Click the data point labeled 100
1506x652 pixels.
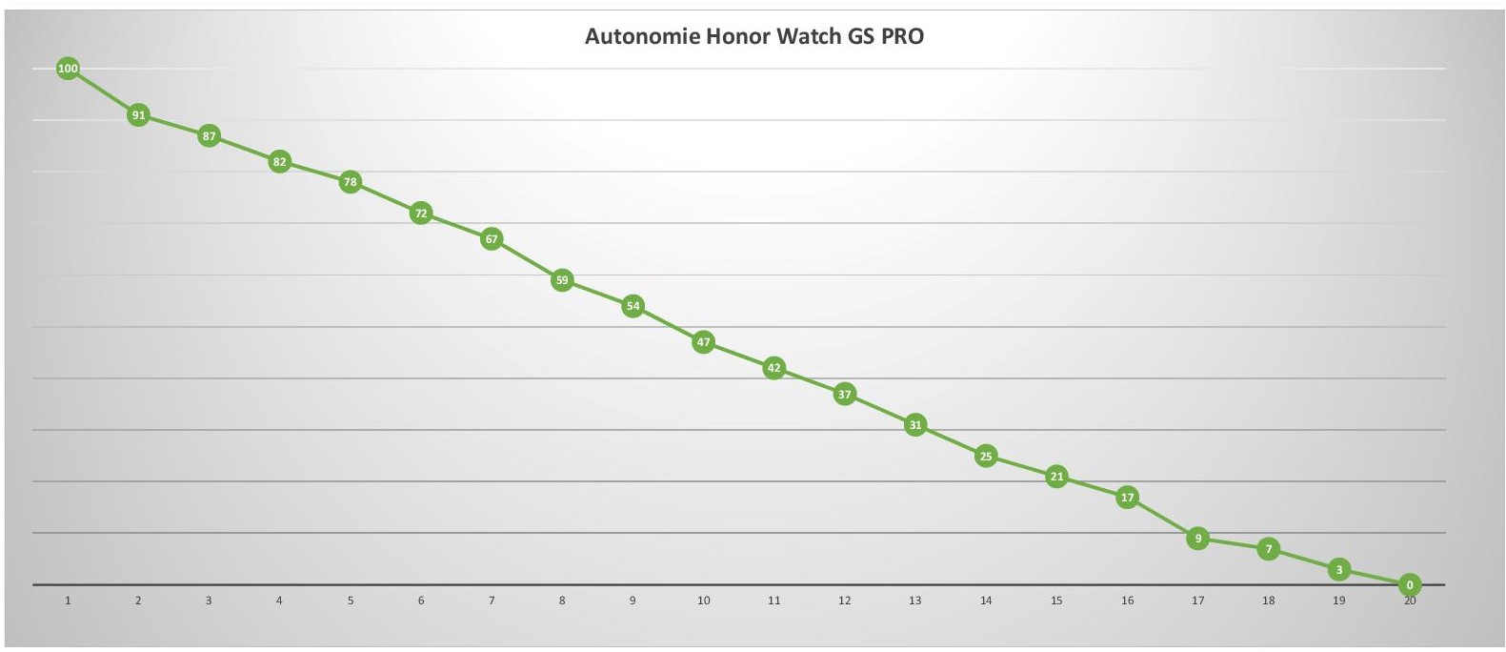(68, 69)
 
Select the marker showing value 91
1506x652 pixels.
(138, 115)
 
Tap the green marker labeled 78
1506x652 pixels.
(351, 182)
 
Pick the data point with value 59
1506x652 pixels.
(562, 280)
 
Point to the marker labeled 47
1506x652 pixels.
(703, 342)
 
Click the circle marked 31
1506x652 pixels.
(915, 425)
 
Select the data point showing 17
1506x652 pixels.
(1127, 498)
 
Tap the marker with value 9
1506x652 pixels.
(1198, 539)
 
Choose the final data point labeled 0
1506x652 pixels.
(1410, 585)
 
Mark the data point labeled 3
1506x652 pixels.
(1339, 570)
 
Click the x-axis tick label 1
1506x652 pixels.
(68, 601)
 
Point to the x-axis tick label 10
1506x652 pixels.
(703, 601)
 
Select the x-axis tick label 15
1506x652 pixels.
(1056, 601)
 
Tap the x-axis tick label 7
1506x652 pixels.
(492, 601)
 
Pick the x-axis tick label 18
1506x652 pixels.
(1269, 601)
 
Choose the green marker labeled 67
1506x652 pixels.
(492, 239)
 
